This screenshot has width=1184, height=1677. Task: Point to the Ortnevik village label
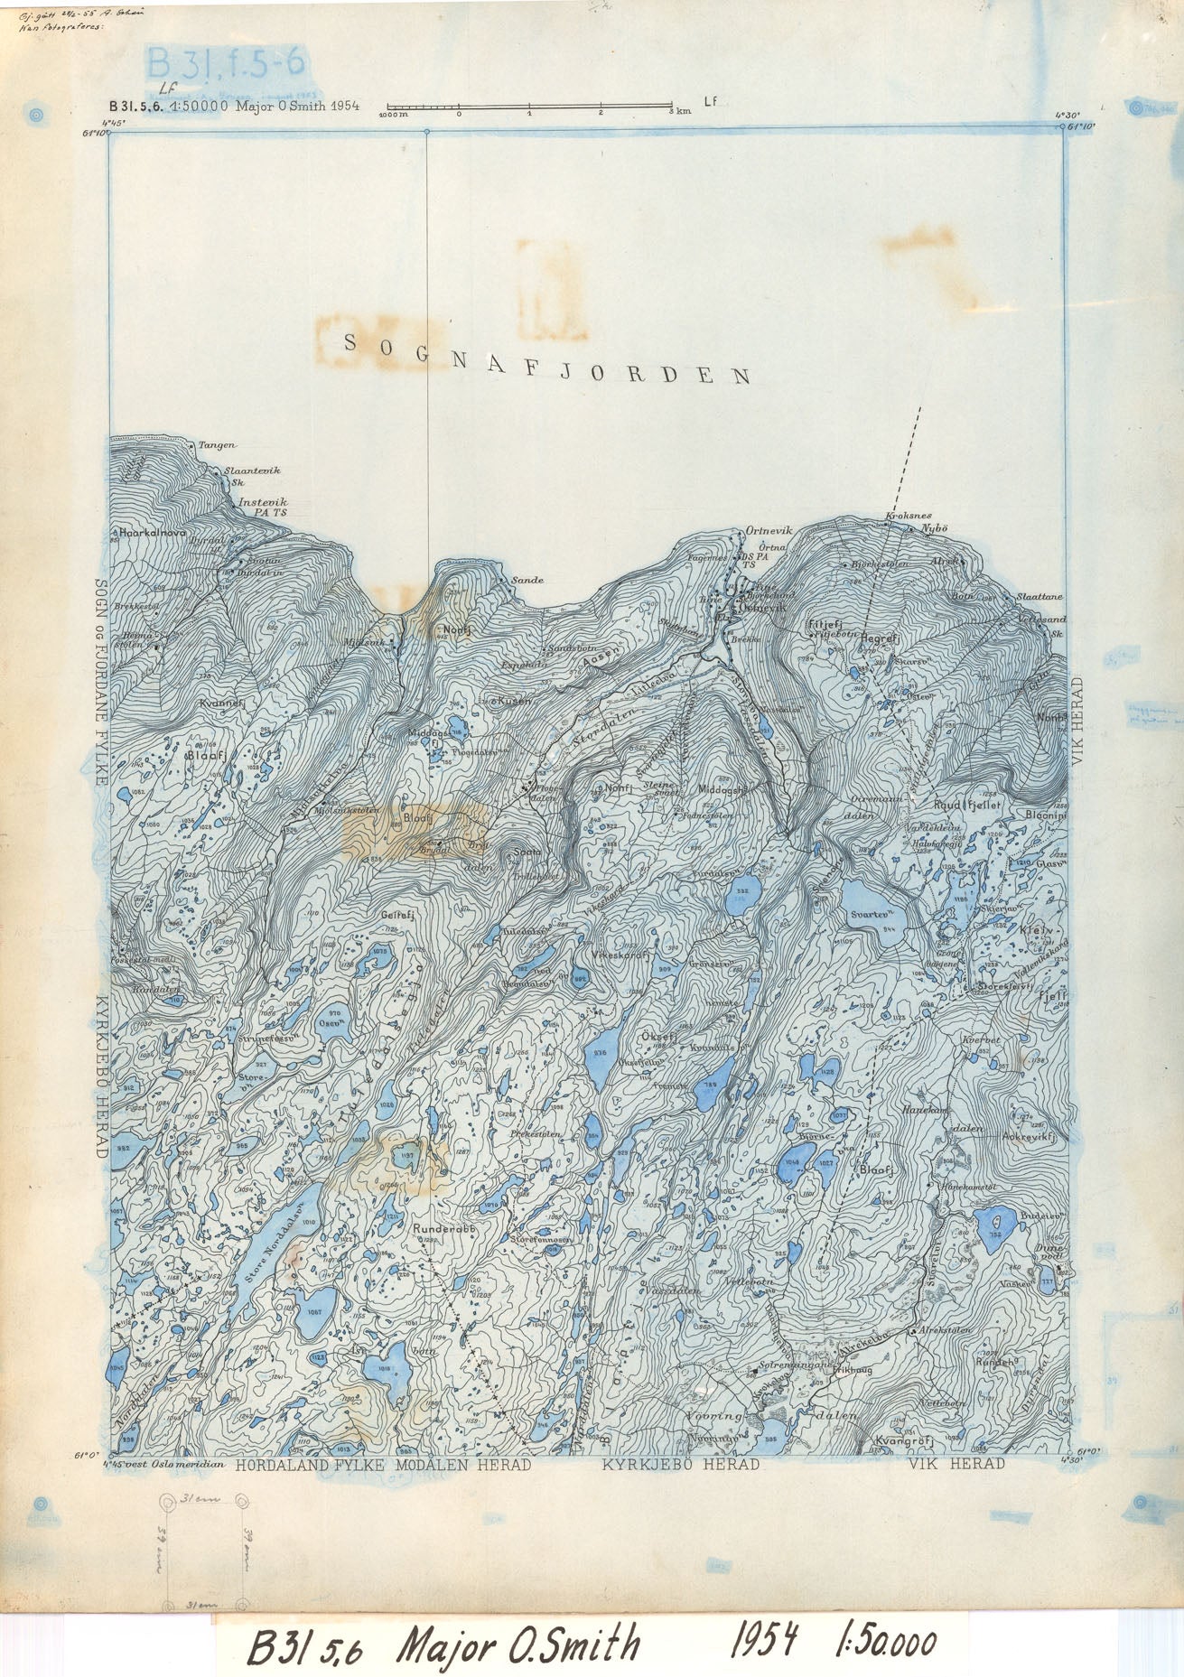coord(769,531)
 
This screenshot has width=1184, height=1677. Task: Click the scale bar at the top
coord(528,108)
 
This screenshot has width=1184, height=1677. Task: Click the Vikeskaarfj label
coord(622,955)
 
